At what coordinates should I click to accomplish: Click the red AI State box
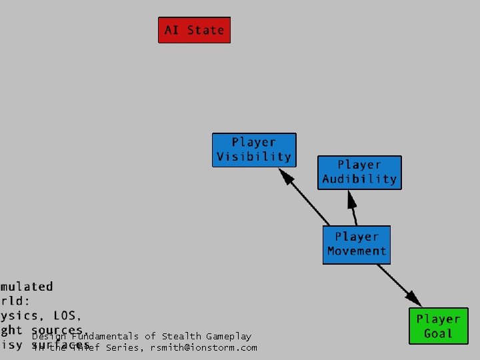[x=194, y=30]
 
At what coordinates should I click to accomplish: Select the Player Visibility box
[x=254, y=150]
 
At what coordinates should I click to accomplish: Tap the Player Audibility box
[x=359, y=172]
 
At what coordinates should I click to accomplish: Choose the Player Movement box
[x=357, y=244]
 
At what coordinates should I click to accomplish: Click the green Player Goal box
[x=438, y=327]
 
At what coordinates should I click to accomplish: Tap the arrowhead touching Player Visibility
[x=285, y=175]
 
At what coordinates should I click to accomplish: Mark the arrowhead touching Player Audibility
[x=349, y=197]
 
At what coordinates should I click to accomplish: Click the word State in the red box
[x=206, y=30]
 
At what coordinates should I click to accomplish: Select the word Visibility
[x=254, y=157]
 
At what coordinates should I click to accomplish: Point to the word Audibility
[x=359, y=179]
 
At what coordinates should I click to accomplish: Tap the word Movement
[x=357, y=251]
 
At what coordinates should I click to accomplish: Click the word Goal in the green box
[x=438, y=334]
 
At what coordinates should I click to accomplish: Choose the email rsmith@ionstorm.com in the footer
[x=203, y=347]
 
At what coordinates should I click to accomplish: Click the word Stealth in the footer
[x=180, y=337]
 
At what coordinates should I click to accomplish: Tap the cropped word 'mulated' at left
[x=27, y=287]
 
